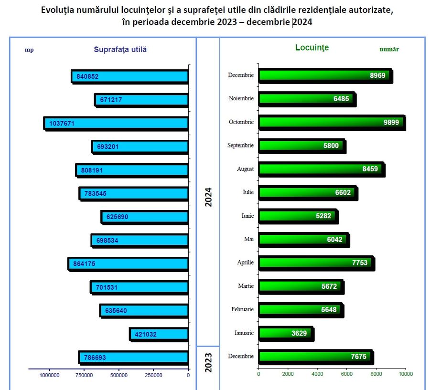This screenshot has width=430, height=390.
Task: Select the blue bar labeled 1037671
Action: point(116,123)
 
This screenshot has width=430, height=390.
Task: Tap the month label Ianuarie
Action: point(241,333)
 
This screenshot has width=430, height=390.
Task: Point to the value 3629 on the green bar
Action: point(299,333)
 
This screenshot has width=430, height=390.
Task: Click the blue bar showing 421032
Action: point(159,334)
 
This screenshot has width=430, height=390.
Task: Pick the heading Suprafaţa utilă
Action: point(120,49)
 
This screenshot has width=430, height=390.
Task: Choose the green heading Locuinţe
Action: point(312,48)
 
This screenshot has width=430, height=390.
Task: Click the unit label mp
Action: point(29,49)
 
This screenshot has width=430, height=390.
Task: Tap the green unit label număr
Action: point(389,49)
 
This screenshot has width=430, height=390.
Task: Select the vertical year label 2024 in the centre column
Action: point(208,196)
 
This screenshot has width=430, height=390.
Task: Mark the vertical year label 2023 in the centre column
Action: point(208,362)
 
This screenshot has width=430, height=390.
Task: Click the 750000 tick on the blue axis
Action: point(84,375)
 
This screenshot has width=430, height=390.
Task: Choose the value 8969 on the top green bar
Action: point(377,75)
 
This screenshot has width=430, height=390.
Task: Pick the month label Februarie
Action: point(242,310)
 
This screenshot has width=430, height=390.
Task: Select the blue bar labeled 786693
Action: point(133,357)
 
